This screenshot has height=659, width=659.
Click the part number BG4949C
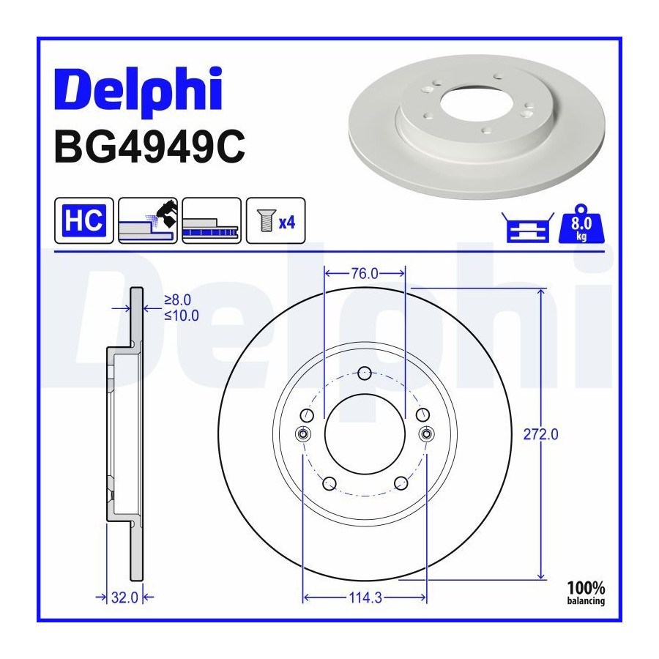click(x=149, y=147)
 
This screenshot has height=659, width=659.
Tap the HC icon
click(x=84, y=220)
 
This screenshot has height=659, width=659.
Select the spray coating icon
click(x=148, y=220)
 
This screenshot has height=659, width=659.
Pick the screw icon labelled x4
click(x=276, y=220)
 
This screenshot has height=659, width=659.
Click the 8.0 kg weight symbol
click(x=581, y=223)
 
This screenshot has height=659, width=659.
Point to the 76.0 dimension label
click(x=365, y=274)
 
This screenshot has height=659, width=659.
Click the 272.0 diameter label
click(x=540, y=434)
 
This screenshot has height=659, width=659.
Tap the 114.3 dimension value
click(x=365, y=597)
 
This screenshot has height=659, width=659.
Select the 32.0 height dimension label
click(x=124, y=597)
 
